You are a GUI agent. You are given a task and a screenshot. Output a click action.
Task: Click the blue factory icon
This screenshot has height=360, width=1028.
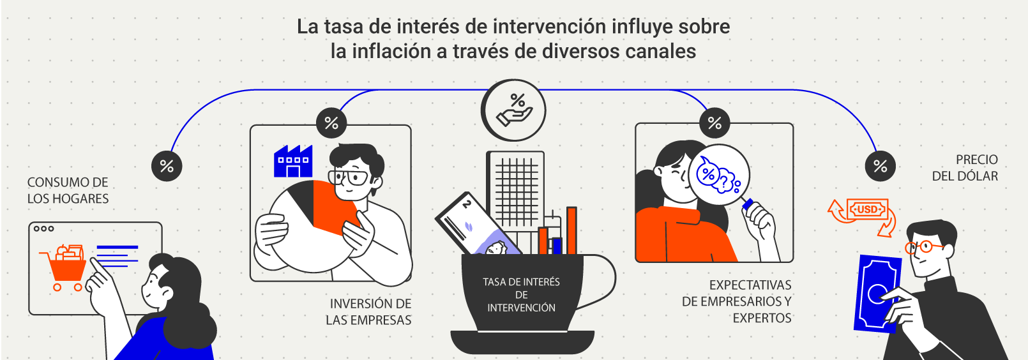point(292,162)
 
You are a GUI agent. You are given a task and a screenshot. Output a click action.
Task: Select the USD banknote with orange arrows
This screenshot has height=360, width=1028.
point(866,209)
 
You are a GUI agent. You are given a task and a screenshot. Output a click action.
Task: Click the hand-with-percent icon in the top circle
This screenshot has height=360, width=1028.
point(513,110)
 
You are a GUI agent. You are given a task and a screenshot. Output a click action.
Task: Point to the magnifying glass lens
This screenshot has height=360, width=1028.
point(718,174)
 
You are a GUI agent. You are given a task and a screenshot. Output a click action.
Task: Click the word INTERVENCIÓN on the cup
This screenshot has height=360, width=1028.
point(521,308)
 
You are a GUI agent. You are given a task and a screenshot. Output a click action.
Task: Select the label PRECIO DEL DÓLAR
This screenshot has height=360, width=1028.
point(965,168)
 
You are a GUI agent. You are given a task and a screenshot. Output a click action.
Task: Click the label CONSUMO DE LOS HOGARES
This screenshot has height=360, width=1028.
point(68,191)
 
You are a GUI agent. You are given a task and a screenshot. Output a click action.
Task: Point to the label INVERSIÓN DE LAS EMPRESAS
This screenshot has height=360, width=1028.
point(368,312)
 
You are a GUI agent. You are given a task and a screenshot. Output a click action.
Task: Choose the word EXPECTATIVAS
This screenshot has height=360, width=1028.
point(750,285)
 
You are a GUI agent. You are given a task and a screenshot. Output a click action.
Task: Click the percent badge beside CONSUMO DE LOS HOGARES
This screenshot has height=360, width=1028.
point(167,166)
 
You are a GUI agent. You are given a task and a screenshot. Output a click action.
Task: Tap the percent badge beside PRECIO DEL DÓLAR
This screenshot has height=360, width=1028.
point(880,166)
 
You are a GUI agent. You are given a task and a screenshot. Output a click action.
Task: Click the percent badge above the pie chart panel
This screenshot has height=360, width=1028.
point(331,123)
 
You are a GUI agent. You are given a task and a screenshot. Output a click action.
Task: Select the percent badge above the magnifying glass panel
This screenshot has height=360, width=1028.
point(714,123)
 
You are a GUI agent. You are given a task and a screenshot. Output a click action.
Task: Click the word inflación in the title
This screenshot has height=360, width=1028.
point(391,51)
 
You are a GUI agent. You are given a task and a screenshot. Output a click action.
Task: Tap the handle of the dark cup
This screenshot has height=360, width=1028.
point(601,281)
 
